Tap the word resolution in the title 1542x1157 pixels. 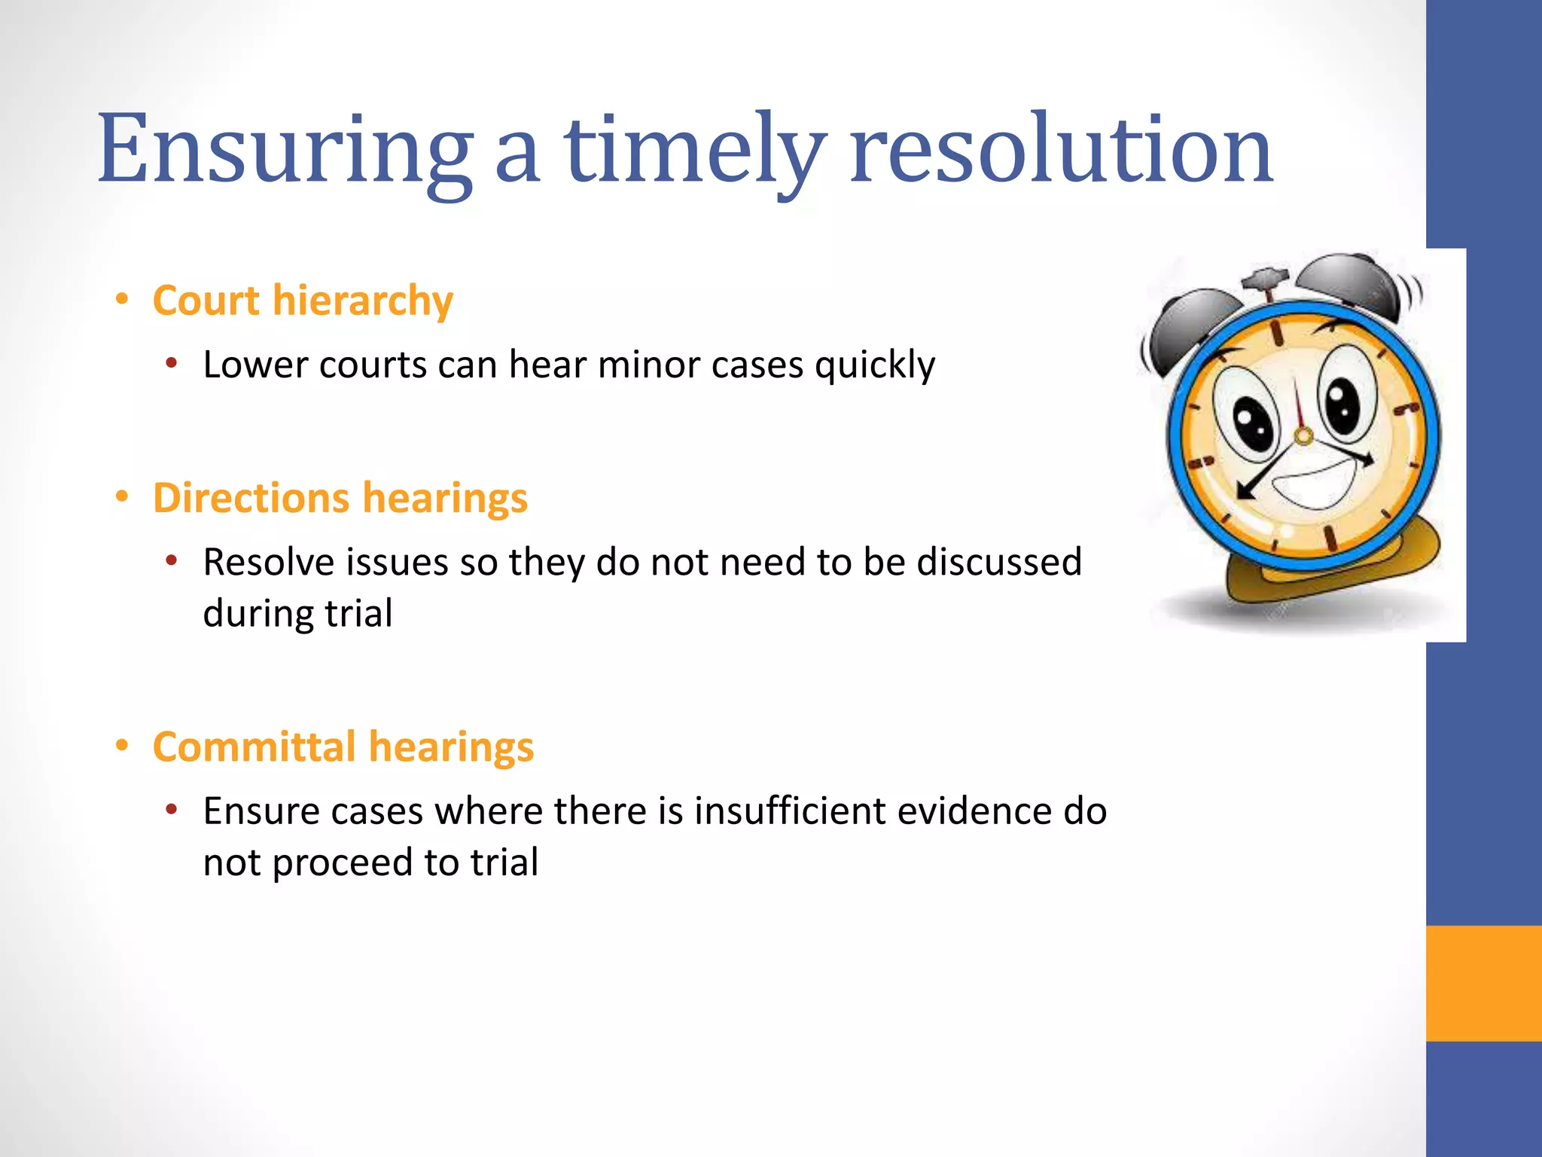point(1062,151)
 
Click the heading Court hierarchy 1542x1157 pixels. point(303,301)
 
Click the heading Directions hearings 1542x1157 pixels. point(340,499)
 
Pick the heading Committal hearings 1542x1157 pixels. point(343,747)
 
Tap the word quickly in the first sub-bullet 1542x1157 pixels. point(875,365)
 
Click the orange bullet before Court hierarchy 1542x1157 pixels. point(122,301)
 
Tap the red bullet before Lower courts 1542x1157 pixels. point(172,365)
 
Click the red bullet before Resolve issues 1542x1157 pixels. point(172,562)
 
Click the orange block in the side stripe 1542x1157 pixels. point(1483,983)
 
